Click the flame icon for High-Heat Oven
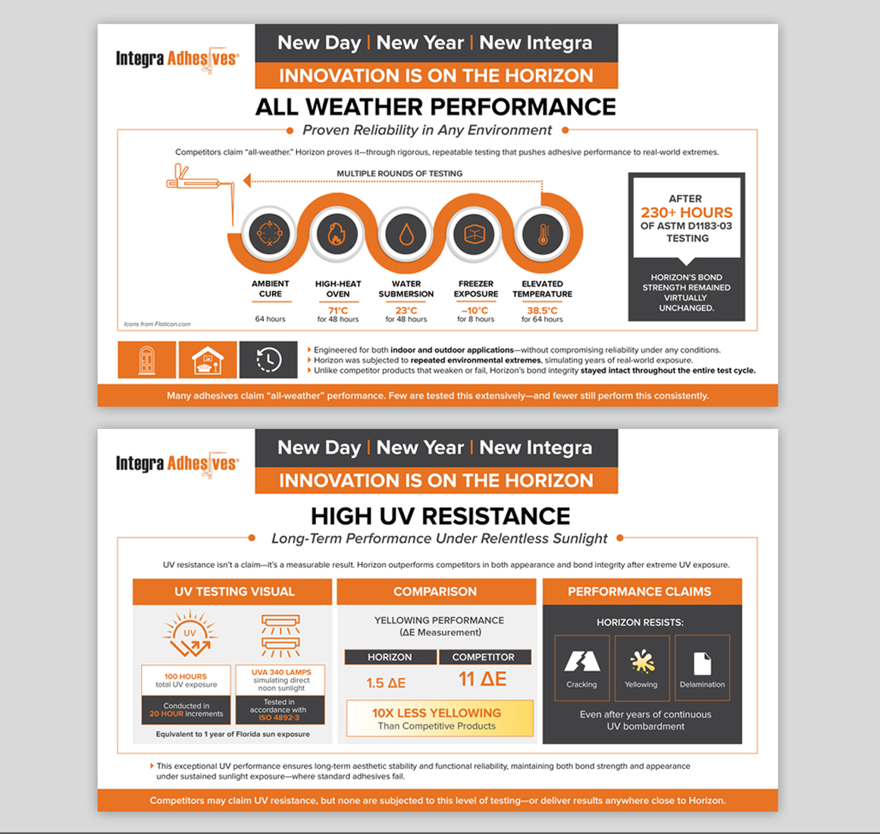coord(337,234)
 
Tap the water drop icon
coord(406,234)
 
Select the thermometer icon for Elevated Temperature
coord(543,234)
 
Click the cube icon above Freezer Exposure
coord(474,234)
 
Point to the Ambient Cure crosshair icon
coord(269,234)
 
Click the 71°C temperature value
coord(338,310)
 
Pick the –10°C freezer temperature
coord(474,310)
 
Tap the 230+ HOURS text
coord(687,213)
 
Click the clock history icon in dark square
coord(269,359)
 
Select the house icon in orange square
coord(208,360)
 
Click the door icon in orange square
coord(146,360)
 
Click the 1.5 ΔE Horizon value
coord(386,683)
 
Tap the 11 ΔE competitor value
coord(483,679)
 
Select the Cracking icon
coord(582,661)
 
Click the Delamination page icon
coord(702,663)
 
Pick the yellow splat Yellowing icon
coord(642,661)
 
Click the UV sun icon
coord(189,633)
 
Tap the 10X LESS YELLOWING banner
coord(440,719)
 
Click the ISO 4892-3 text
coord(279,717)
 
